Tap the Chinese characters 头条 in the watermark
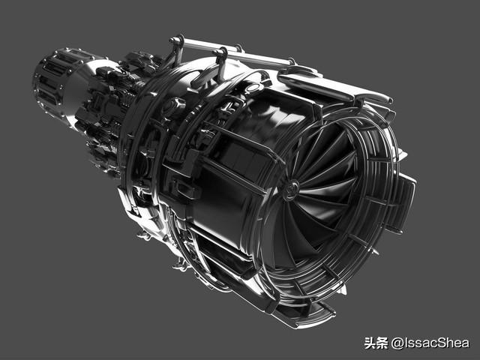pos(376,343)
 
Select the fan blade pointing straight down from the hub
pos(289,232)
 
